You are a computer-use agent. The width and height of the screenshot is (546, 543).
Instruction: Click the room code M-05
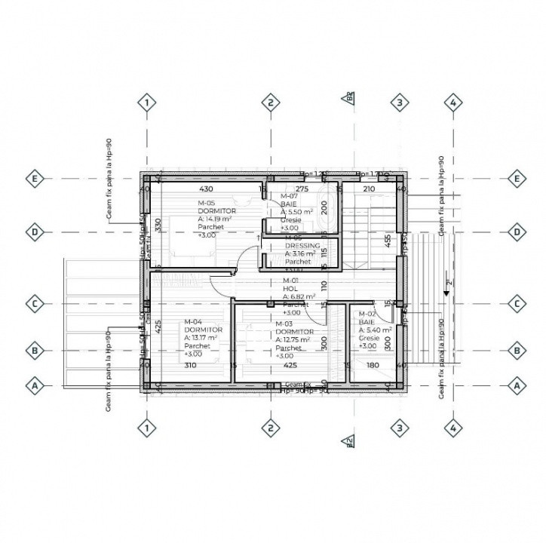coord(207,204)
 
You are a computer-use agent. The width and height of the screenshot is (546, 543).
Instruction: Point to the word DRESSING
coord(302,246)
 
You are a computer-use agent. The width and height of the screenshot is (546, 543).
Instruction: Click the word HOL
coord(290,289)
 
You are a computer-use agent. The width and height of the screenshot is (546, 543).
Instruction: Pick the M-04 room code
coord(194,322)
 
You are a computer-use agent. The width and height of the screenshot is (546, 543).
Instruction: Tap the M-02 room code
coord(367,314)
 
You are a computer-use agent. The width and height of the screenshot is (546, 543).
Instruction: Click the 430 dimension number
coord(207,188)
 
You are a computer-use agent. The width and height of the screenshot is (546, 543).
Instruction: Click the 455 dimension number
coord(387,241)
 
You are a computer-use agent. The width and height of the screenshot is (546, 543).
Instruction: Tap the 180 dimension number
coord(373,366)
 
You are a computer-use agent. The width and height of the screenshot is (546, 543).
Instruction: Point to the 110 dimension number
coord(324,286)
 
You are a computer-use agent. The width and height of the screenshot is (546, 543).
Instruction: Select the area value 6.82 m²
coord(299,297)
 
